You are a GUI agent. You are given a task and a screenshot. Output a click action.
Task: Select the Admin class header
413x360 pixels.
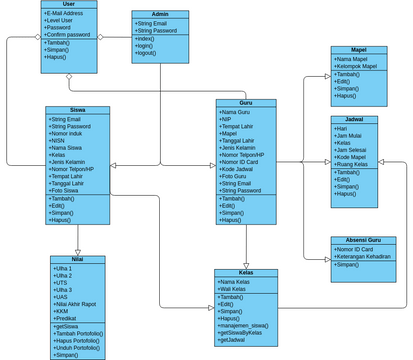pos(160,14)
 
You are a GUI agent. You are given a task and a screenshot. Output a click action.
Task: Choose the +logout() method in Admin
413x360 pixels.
pos(148,53)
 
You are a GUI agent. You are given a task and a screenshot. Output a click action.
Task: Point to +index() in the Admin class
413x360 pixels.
pos(146,38)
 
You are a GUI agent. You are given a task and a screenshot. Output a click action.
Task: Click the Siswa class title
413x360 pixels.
pos(77,110)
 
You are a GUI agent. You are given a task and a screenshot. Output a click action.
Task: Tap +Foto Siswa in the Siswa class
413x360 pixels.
pos(65,191)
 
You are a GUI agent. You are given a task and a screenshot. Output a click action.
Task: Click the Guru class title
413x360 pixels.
pos(245,103)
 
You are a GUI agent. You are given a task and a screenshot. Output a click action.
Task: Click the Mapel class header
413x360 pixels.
pos(358,49)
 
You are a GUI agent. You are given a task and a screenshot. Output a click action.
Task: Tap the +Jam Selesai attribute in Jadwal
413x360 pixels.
pos(357,149)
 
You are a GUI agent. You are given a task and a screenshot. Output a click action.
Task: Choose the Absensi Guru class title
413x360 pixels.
pos(357,240)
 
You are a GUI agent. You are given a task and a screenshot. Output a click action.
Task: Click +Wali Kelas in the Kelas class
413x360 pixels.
pos(236,288)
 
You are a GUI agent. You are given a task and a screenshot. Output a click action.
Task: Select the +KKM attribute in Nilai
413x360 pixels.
pos(62,311)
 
